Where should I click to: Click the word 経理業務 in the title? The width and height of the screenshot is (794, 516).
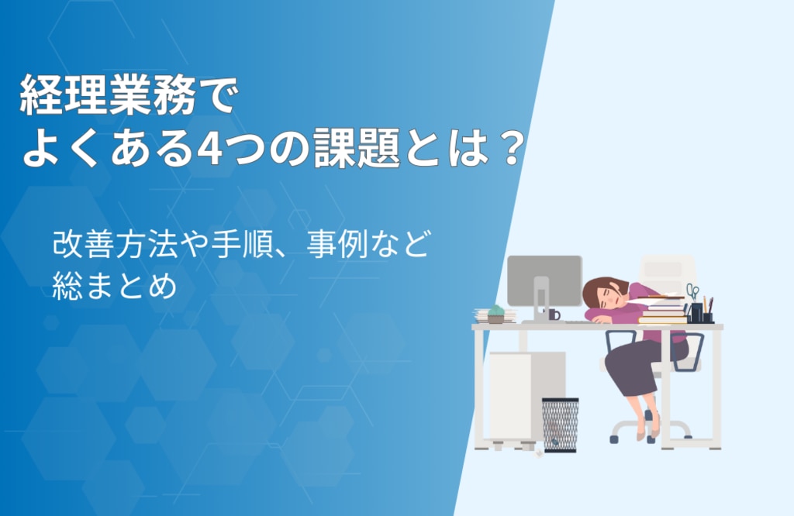pyautogui.click(x=107, y=95)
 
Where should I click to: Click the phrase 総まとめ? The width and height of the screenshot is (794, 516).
pyautogui.click(x=115, y=286)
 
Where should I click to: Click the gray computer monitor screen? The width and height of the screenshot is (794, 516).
pyautogui.click(x=544, y=280)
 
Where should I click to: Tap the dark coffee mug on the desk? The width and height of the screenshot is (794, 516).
pyautogui.click(x=554, y=314)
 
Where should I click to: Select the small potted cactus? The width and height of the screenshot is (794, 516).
pyautogui.click(x=495, y=314)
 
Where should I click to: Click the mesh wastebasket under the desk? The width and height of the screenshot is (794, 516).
pyautogui.click(x=560, y=425)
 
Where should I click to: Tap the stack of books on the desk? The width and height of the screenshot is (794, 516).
pyautogui.click(x=662, y=310)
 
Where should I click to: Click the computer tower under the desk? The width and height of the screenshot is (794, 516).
pyautogui.click(x=526, y=397)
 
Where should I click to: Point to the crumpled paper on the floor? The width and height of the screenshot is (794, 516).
pyautogui.click(x=540, y=452)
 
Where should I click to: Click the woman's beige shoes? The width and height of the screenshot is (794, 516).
pyautogui.click(x=648, y=429)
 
